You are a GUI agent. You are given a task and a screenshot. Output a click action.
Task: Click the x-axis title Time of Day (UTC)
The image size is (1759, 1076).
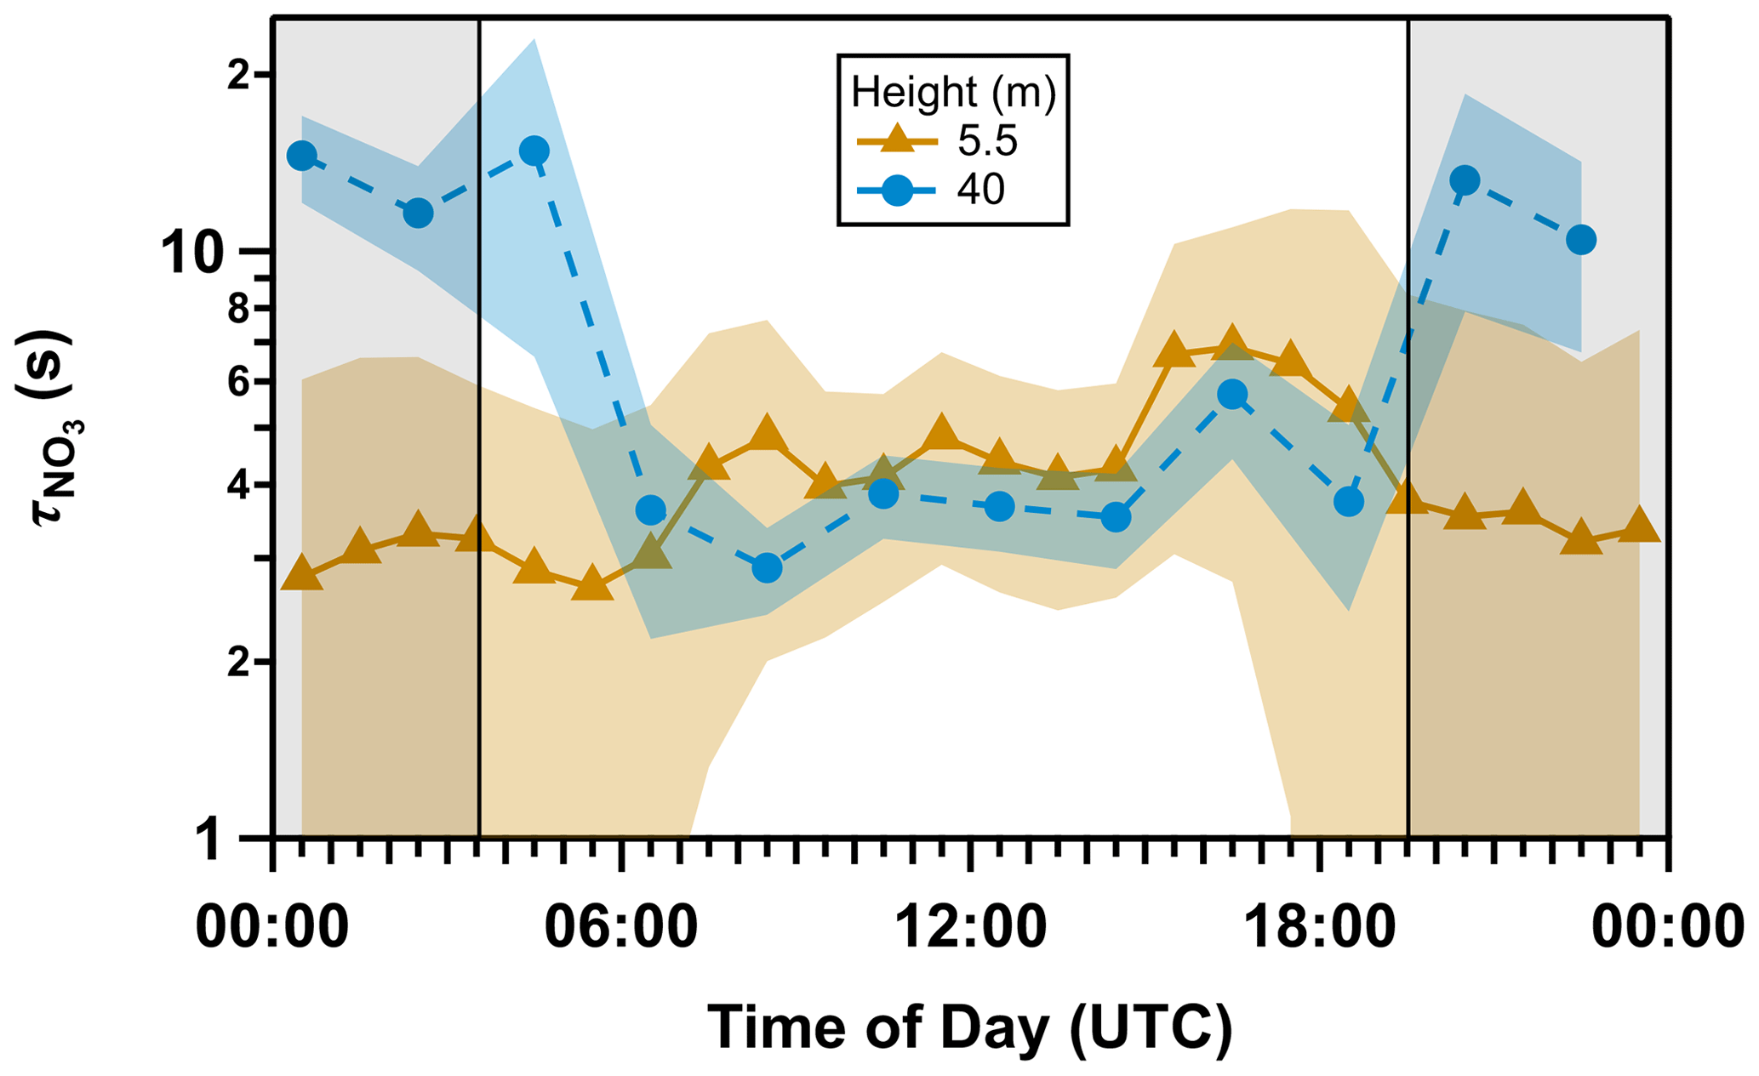click(969, 1028)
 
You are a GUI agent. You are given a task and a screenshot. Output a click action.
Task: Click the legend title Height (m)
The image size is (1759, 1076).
click(953, 92)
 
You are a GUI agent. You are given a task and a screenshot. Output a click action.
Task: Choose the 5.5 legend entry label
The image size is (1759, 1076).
click(987, 141)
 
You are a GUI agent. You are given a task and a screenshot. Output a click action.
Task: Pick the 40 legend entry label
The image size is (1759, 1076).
click(980, 190)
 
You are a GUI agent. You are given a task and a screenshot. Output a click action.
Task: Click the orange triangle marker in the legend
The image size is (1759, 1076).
click(896, 139)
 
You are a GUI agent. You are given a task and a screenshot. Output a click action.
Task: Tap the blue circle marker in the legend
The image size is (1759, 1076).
click(896, 191)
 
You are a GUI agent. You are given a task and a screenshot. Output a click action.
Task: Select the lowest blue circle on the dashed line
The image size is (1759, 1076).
click(767, 567)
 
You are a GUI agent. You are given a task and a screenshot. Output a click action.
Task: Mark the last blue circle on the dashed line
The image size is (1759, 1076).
click(1580, 240)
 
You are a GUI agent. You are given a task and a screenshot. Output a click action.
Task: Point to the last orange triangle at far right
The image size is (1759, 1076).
click(1639, 527)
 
